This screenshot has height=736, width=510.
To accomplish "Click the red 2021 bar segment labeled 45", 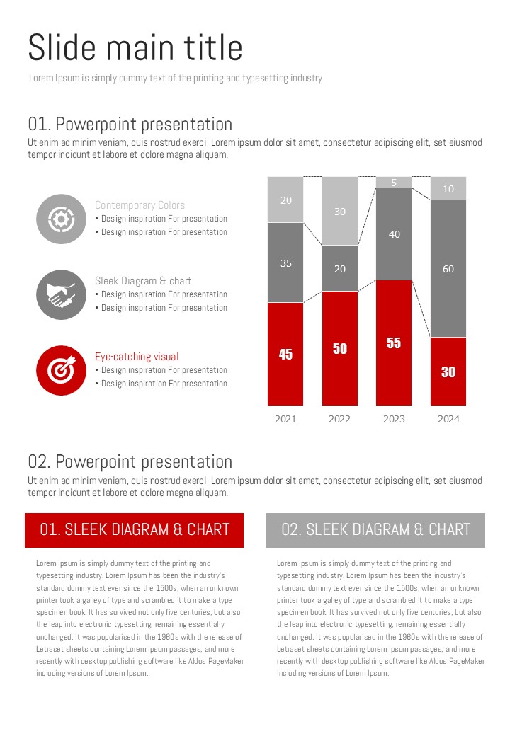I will coord(285,354).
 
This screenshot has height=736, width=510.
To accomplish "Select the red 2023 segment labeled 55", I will coord(394,343).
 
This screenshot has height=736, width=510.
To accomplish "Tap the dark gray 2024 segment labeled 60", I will coord(448,268).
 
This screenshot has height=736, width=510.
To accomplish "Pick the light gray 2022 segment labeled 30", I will coord(340,211).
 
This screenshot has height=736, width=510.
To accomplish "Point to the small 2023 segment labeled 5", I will coord(394,183).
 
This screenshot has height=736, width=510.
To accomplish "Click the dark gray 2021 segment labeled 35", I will coord(285,263).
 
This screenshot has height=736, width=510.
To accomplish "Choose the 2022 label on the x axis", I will coord(340,419).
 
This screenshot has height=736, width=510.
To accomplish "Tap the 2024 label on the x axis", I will coord(448,419).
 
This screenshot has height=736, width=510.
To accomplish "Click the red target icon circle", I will coord(61,370).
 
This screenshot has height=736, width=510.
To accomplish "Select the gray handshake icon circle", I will coord(61,294).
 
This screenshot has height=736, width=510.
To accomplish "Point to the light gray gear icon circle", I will coord(61,219).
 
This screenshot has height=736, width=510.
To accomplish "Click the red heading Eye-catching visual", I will coord(137,357).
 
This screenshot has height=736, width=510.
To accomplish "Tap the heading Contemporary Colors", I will coord(140,205).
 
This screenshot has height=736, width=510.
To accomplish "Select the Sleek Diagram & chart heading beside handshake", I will coord(143,281).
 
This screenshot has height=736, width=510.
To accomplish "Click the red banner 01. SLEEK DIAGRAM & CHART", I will coord(135,530).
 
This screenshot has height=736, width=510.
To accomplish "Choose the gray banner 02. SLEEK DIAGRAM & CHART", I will coord(375,530).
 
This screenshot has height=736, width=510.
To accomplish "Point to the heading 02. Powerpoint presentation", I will coord(130,462).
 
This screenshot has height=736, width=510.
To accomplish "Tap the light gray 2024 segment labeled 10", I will coord(448,189).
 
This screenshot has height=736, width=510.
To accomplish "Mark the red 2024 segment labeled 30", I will coord(448,372).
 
